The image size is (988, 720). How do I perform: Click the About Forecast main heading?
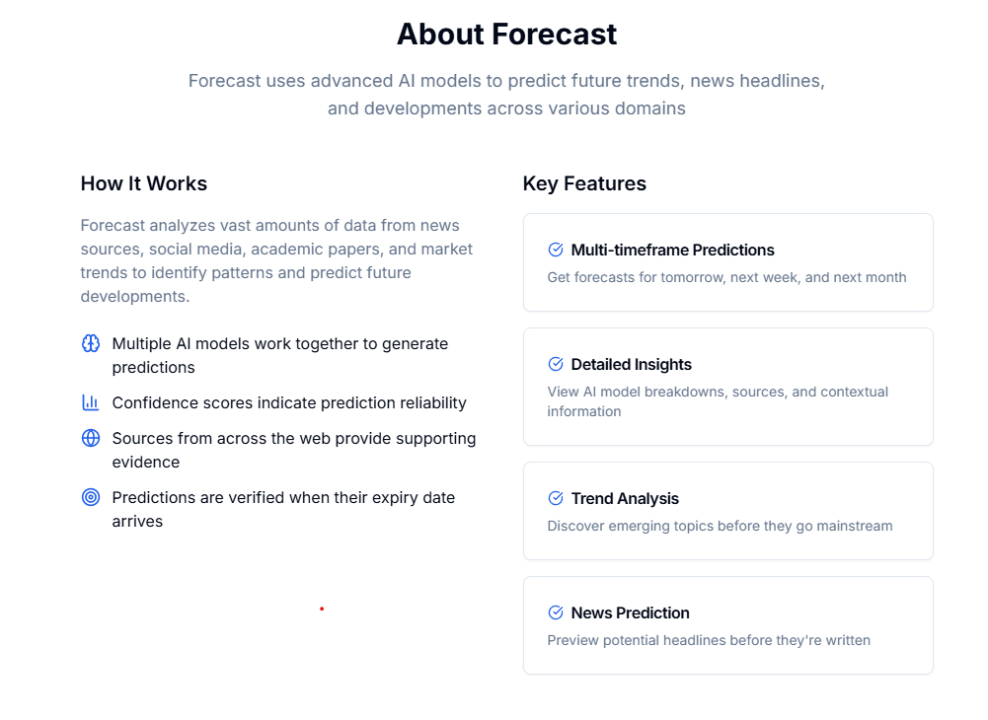coord(506,35)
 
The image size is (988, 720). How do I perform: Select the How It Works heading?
coord(144,183)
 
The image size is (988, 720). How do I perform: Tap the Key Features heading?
coord(584,183)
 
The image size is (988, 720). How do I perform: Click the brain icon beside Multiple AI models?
coord(91,343)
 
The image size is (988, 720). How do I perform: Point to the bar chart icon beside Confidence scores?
coord(91,402)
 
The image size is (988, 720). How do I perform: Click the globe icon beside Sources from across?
coord(91,438)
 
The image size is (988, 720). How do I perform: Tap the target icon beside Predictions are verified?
coord(91,497)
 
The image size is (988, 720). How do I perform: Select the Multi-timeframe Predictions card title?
coord(672,250)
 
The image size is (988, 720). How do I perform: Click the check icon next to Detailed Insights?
coord(556,364)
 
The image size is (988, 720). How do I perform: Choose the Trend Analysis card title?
coord(625,498)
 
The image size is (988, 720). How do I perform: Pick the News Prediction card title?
coord(630,612)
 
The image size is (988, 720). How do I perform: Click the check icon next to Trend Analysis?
coord(556,498)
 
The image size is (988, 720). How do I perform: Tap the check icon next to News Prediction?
coord(556,612)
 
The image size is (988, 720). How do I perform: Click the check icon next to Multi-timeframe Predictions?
coord(556,250)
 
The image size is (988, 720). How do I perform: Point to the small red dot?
coord(322,609)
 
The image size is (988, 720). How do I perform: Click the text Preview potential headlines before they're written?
coord(709,640)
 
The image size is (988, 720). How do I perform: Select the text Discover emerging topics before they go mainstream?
coord(720,526)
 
